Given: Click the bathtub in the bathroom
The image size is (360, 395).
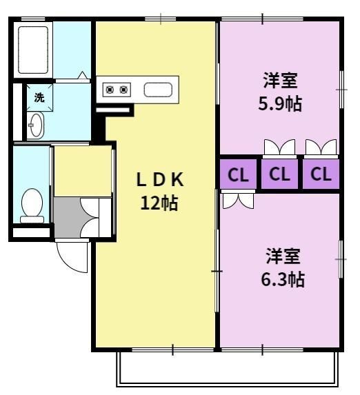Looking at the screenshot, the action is [x=33, y=50].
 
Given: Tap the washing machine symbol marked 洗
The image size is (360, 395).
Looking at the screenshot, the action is [x=39, y=97].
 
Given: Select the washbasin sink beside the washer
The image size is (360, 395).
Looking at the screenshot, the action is [x=36, y=125].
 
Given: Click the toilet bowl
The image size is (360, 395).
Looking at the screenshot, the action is [x=32, y=205].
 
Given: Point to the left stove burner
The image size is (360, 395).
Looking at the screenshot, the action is [x=110, y=90].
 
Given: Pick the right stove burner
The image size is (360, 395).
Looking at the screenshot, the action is [x=123, y=90].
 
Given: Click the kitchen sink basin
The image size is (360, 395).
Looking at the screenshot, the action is [x=158, y=90].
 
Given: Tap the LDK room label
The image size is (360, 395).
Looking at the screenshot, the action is [x=160, y=179].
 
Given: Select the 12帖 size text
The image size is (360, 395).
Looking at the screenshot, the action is [x=159, y=203].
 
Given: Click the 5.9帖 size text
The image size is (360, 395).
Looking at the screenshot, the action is [x=280, y=103].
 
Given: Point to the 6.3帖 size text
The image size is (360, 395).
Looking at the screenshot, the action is [x=283, y=279].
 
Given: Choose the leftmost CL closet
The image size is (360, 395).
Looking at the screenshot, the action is [x=238, y=174].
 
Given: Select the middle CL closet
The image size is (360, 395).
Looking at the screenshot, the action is [x=279, y=174].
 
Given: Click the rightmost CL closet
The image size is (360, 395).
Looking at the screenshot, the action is [x=321, y=174].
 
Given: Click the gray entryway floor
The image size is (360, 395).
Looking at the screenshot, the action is [x=68, y=217].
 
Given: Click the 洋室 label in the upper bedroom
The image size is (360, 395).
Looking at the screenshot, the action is [x=280, y=80].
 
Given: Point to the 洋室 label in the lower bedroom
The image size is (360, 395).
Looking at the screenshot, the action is [x=283, y=256].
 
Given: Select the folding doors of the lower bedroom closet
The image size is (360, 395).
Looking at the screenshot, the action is [x=238, y=201].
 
